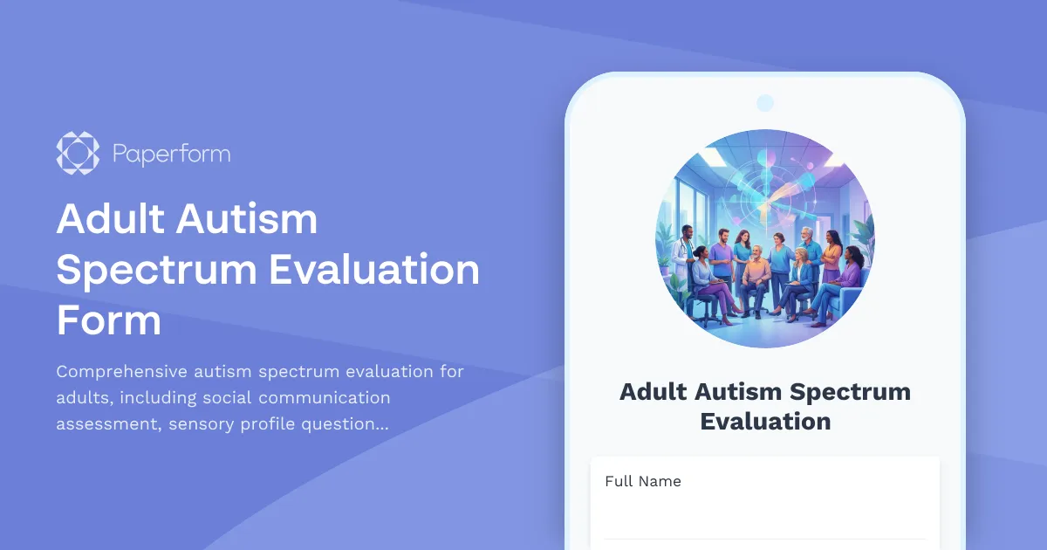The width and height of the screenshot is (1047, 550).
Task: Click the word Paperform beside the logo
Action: pos(171,155)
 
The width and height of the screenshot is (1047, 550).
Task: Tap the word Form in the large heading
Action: pos(109,320)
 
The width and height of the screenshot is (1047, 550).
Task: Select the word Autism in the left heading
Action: pos(247,219)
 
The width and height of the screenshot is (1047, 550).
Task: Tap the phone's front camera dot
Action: pos(765,103)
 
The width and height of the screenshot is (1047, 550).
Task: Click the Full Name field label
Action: pos(643,481)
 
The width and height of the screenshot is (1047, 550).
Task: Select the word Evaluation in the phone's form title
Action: pos(764,422)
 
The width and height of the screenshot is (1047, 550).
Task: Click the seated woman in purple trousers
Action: pos(705,284)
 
